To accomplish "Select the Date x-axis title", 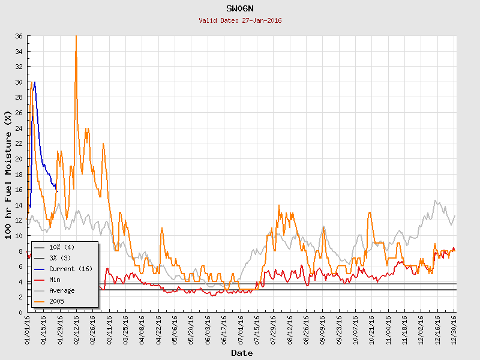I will pyautogui.click(x=242, y=353).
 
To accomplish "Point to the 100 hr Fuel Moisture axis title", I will pyautogui.click(x=8, y=174).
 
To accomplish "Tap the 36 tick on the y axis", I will pyautogui.click(x=19, y=36).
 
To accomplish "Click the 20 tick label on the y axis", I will pyautogui.click(x=19, y=159).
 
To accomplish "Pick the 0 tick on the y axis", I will pyautogui.click(x=21, y=312).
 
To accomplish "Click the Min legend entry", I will pyautogui.click(x=55, y=280).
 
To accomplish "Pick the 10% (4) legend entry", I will pyautogui.click(x=61, y=247).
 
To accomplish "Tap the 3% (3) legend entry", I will pyautogui.click(x=59, y=258).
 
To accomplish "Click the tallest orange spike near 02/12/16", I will pyautogui.click(x=76, y=37).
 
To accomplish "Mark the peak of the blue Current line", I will pyautogui.click(x=35, y=82).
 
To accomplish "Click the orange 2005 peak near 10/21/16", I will pyautogui.click(x=370, y=212).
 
